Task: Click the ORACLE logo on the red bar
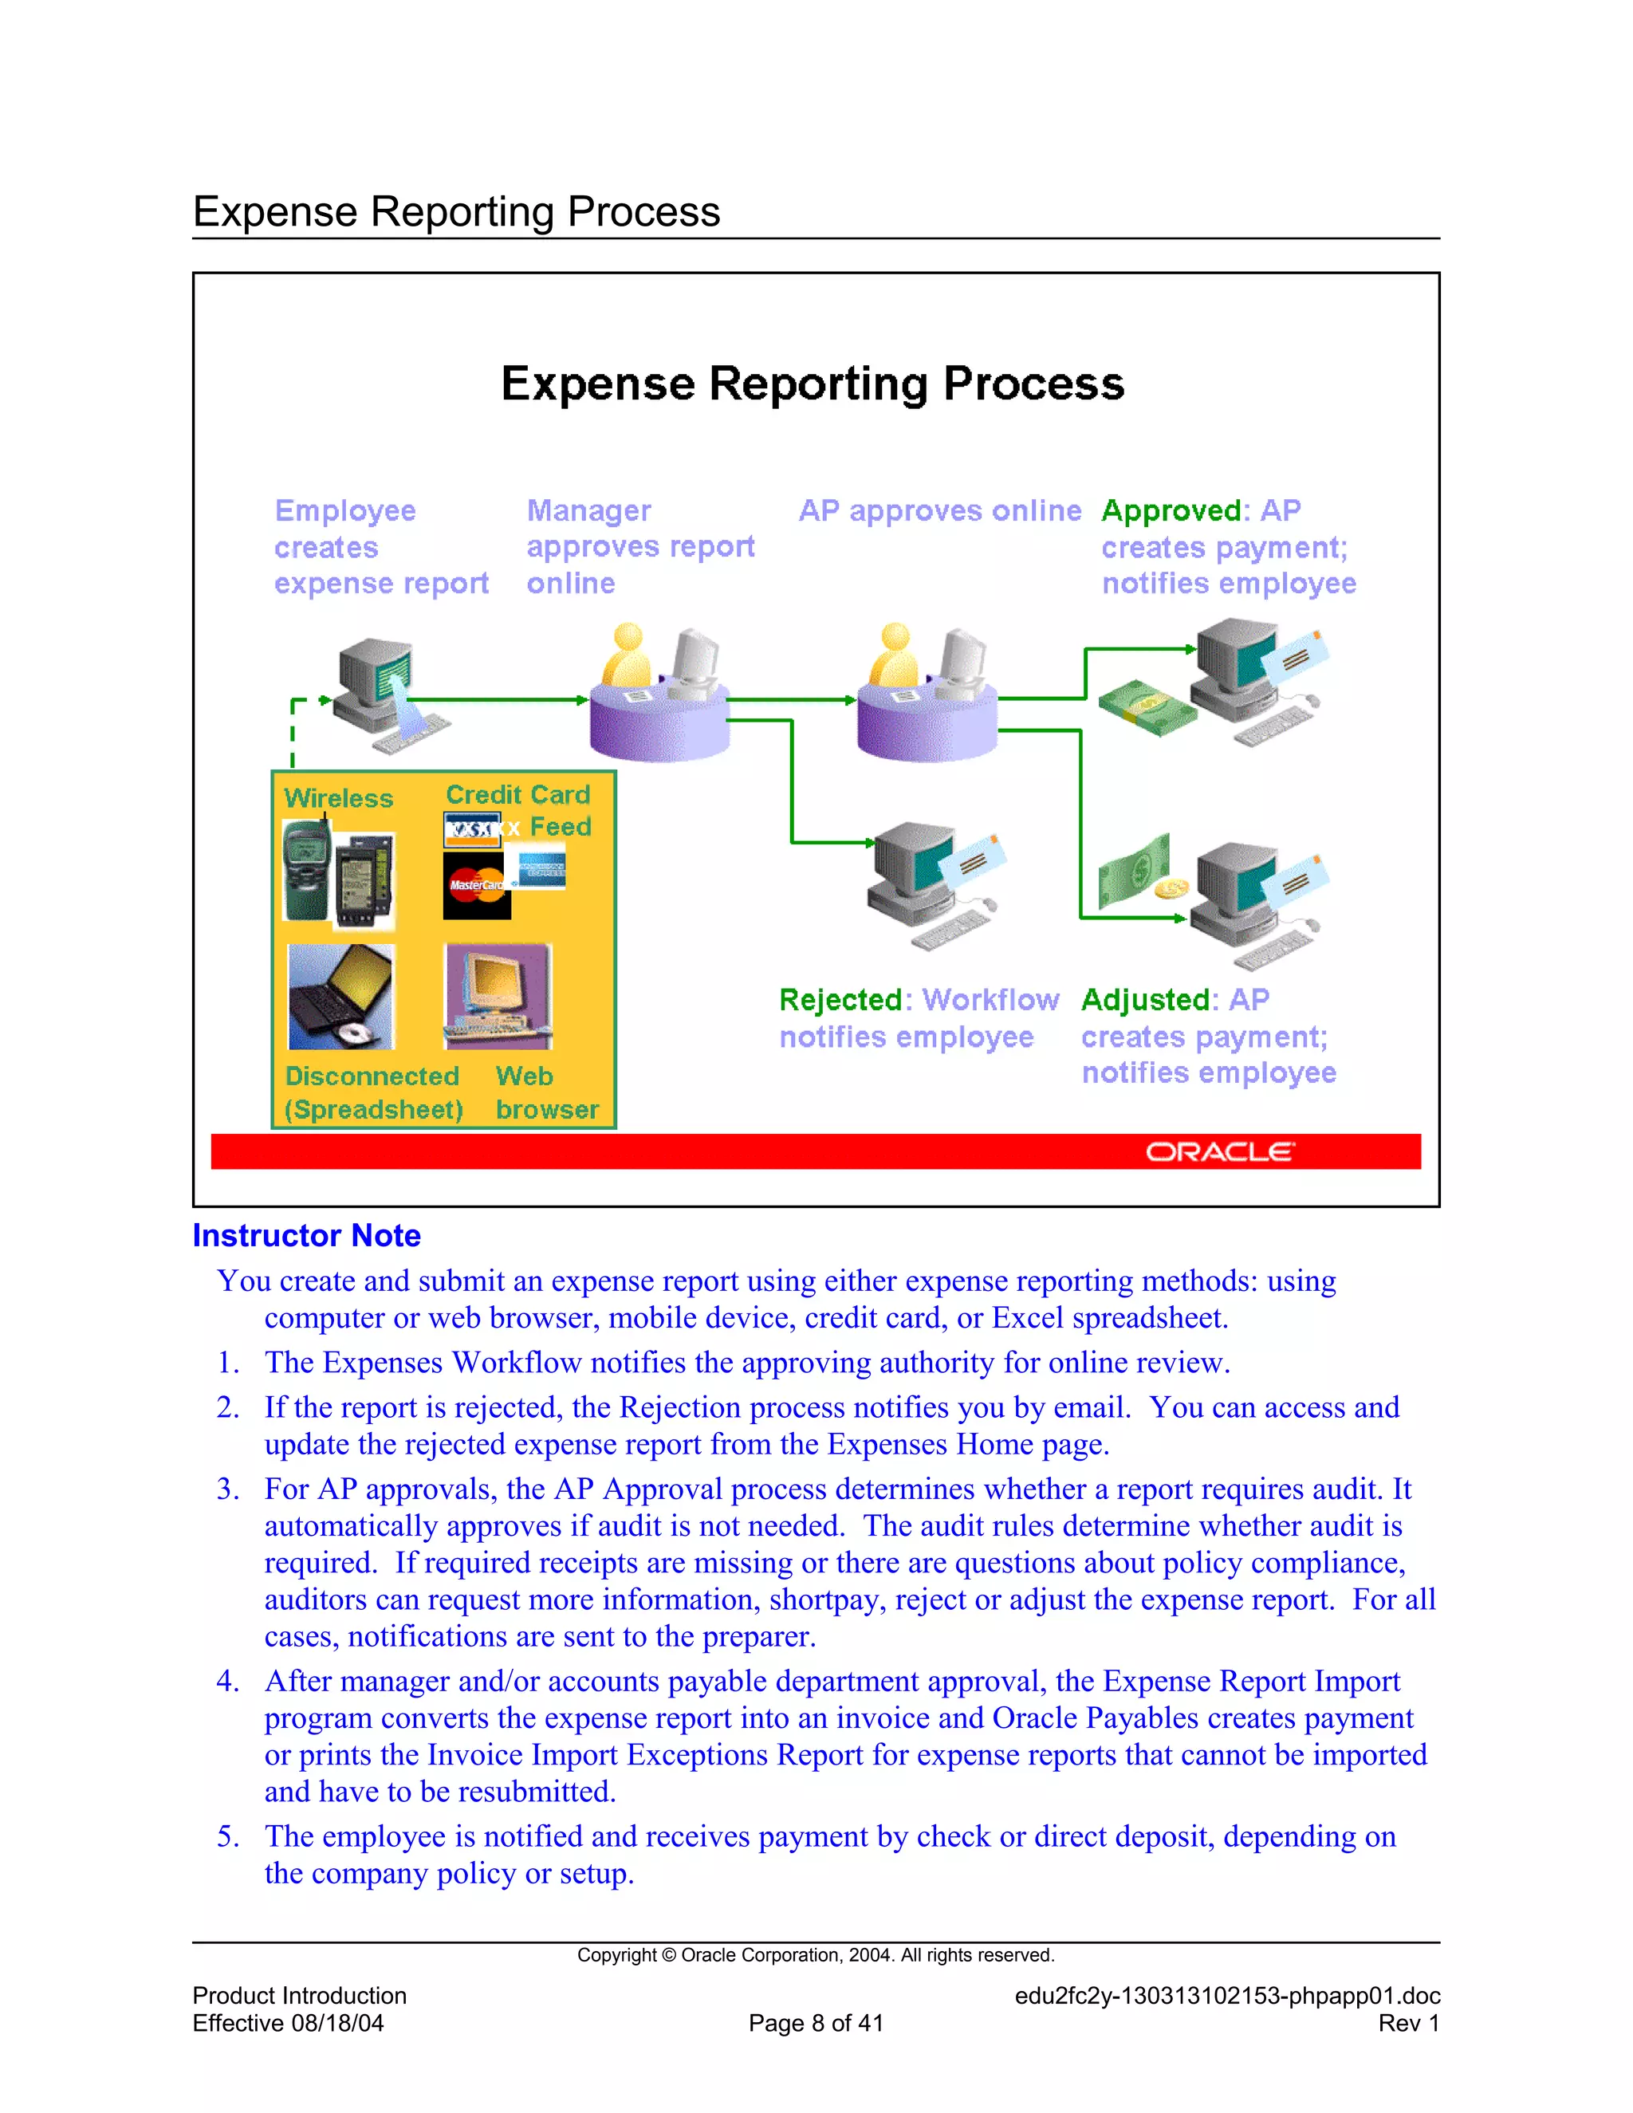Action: click(1219, 1151)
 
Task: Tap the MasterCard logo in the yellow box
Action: click(476, 885)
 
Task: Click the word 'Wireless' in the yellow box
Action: click(339, 798)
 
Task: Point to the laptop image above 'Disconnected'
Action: click(341, 997)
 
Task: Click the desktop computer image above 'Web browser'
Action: click(498, 997)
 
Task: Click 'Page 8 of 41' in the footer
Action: click(816, 2023)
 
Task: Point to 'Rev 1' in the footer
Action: click(1409, 2023)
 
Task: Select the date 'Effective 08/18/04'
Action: click(289, 2023)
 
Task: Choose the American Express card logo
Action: click(541, 869)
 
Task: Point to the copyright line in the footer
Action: click(816, 1955)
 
